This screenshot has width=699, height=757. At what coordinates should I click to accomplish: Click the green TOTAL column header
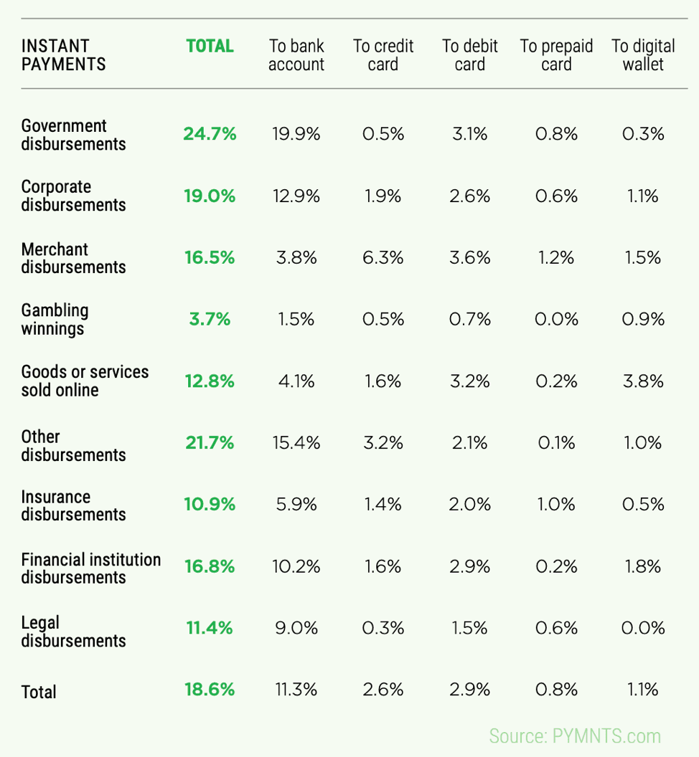click(x=210, y=47)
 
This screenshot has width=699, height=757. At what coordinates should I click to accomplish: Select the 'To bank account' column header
click(x=296, y=55)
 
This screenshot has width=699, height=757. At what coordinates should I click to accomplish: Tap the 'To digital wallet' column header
click(x=643, y=55)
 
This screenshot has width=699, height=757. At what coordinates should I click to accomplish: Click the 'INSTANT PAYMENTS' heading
click(x=63, y=55)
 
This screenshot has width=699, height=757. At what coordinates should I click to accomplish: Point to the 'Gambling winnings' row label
click(x=55, y=320)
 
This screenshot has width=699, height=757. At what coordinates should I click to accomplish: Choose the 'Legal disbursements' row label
click(x=73, y=632)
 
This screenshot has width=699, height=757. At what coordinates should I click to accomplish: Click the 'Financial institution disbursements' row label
click(x=90, y=568)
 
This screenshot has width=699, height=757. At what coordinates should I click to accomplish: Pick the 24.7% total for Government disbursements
click(x=210, y=133)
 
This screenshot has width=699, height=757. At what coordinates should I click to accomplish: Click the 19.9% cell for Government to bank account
click(x=296, y=133)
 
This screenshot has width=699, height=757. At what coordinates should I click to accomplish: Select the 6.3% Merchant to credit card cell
click(x=383, y=257)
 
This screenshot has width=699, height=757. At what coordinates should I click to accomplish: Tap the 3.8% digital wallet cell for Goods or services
click(x=642, y=381)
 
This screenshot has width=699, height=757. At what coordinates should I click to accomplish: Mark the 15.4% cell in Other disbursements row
click(x=296, y=443)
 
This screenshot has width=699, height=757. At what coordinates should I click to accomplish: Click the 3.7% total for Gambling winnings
click(x=210, y=319)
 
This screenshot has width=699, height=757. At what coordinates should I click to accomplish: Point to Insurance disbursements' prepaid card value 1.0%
click(x=556, y=504)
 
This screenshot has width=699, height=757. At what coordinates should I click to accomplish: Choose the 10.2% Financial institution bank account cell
click(x=296, y=566)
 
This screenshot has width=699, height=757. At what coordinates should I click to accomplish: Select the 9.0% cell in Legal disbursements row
click(x=296, y=628)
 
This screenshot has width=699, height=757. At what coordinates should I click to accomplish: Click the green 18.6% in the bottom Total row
click(x=210, y=690)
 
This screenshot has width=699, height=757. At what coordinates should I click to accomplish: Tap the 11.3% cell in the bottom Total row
click(x=296, y=690)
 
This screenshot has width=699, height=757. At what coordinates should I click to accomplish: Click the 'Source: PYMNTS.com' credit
click(x=575, y=736)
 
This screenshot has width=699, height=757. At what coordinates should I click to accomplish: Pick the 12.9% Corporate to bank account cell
click(x=296, y=196)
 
